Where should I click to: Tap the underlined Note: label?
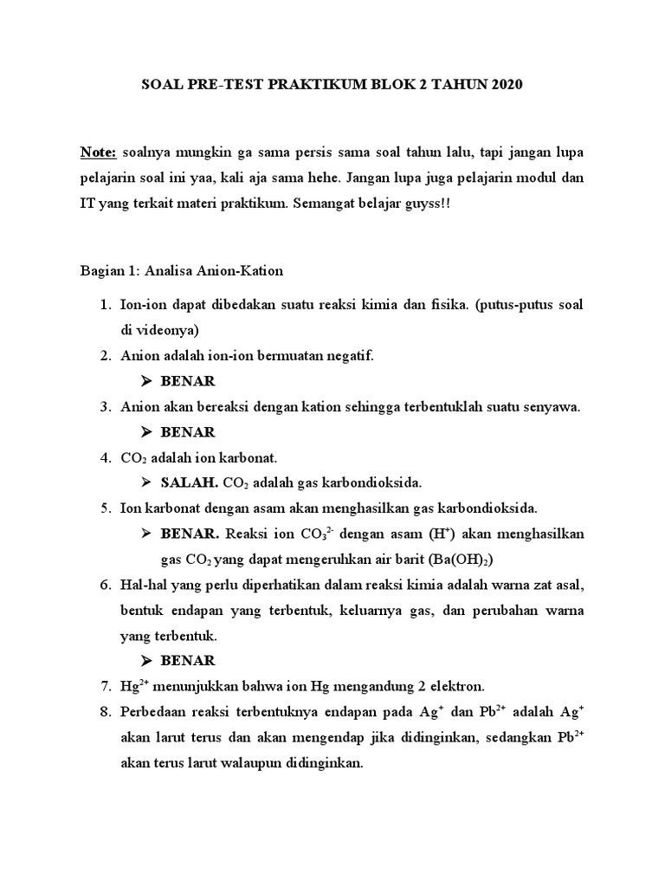pos(99,152)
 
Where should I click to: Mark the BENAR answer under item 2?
pos(188,381)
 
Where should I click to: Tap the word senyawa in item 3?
pos(550,406)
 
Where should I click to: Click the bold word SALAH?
pos(190,482)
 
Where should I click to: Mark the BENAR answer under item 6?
pos(188,661)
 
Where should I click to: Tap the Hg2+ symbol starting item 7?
pos(132,686)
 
